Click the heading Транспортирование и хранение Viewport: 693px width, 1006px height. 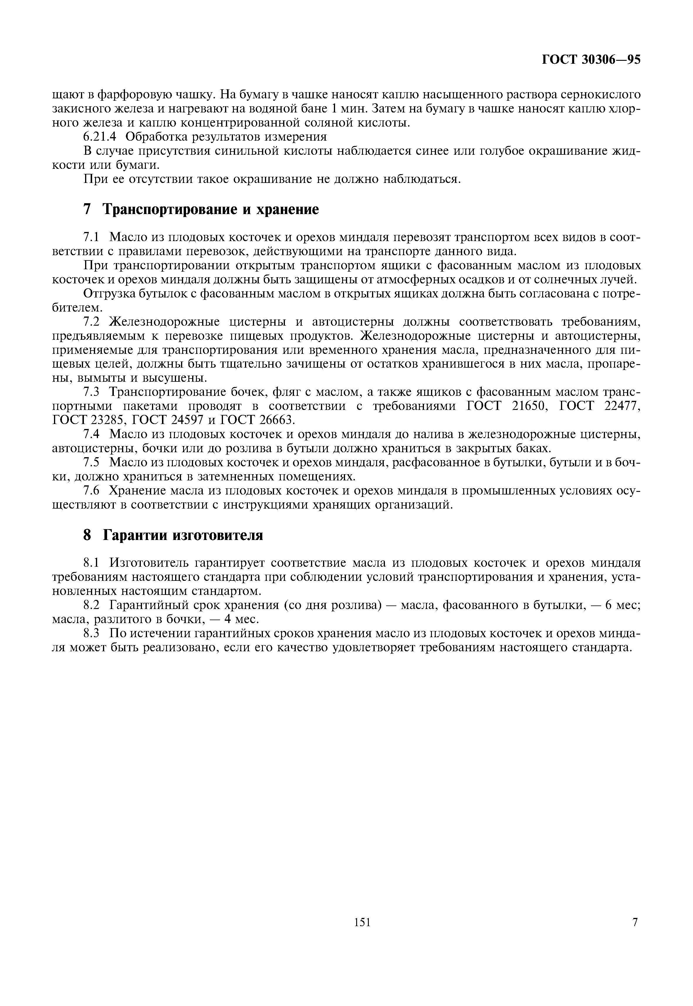click(211, 209)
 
